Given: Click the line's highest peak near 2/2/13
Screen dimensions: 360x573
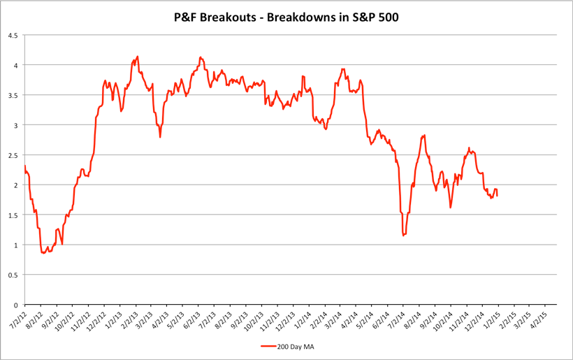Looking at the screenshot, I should pos(138,56).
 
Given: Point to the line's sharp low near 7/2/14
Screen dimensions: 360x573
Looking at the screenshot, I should pos(403,236).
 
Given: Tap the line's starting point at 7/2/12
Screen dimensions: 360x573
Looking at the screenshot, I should pos(24,166).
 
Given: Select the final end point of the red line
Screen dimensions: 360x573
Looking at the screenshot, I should pos(497,195).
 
